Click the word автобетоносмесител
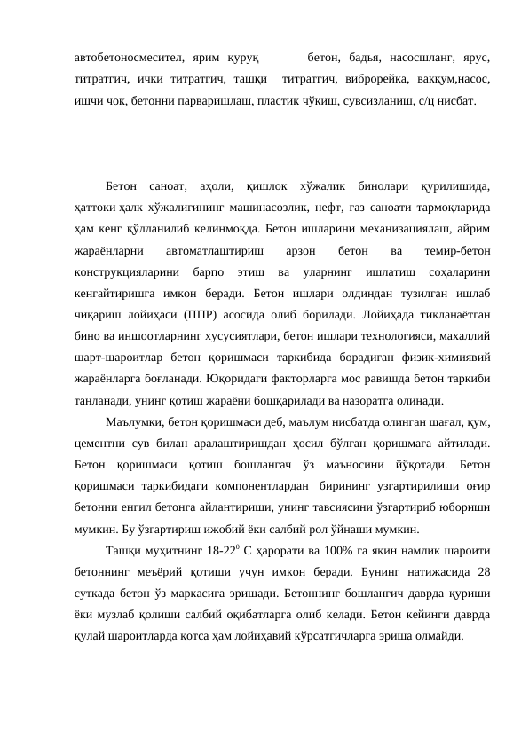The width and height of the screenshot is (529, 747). click(126, 58)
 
